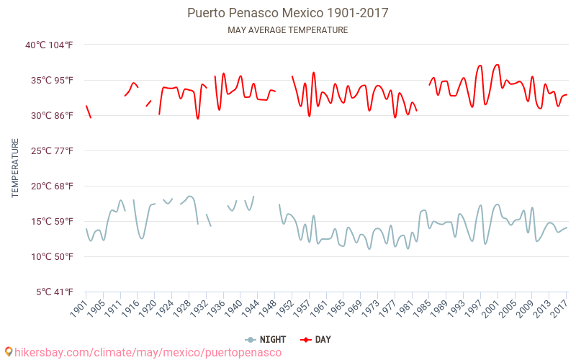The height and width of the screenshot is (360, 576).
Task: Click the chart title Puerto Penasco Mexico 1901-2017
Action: (288, 13)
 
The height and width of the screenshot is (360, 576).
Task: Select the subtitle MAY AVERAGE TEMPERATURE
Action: (288, 30)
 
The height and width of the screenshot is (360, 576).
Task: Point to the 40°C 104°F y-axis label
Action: (49, 45)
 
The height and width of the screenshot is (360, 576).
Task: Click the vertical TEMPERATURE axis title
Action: (15, 168)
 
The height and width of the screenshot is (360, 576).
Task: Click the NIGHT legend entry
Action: (266, 339)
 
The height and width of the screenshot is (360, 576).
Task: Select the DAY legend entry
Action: (316, 339)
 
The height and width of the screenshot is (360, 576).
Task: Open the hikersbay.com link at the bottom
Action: (148, 352)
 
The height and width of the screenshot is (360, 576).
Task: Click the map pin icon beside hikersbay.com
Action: (9, 352)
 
